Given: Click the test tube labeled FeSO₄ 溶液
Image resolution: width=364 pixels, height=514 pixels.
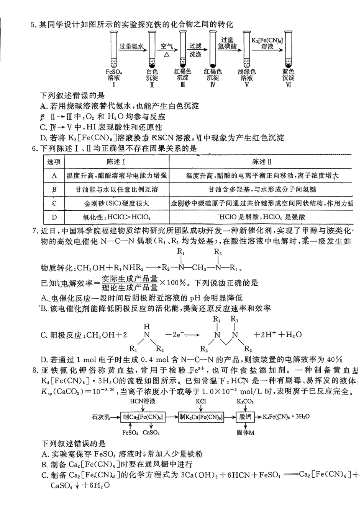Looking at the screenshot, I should [114, 50].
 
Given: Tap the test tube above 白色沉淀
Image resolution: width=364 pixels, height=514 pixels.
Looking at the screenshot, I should [152, 50].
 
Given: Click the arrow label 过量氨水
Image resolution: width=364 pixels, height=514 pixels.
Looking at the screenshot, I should [131, 46].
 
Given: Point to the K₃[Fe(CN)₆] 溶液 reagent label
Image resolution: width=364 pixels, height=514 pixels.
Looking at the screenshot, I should [267, 43].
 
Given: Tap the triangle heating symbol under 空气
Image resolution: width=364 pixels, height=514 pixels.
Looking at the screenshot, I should [167, 55].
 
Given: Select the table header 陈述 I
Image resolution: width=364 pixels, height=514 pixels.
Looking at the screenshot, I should [116, 162].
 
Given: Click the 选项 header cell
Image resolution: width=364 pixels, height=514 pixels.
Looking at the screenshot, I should [54, 162].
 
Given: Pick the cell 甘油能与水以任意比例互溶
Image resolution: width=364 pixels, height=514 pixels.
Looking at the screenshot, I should [116, 189].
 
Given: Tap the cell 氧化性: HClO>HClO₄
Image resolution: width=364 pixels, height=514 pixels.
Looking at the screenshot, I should [116, 217].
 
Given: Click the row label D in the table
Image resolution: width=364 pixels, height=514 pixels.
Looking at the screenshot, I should [54, 217].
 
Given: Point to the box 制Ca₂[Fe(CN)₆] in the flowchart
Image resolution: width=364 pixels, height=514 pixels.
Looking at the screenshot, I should [143, 417].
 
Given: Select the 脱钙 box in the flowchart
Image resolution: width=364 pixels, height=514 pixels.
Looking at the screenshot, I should [245, 417].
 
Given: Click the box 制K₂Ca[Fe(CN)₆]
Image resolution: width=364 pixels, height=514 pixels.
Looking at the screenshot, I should [201, 417].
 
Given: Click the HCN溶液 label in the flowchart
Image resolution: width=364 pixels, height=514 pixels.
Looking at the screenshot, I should [142, 402].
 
